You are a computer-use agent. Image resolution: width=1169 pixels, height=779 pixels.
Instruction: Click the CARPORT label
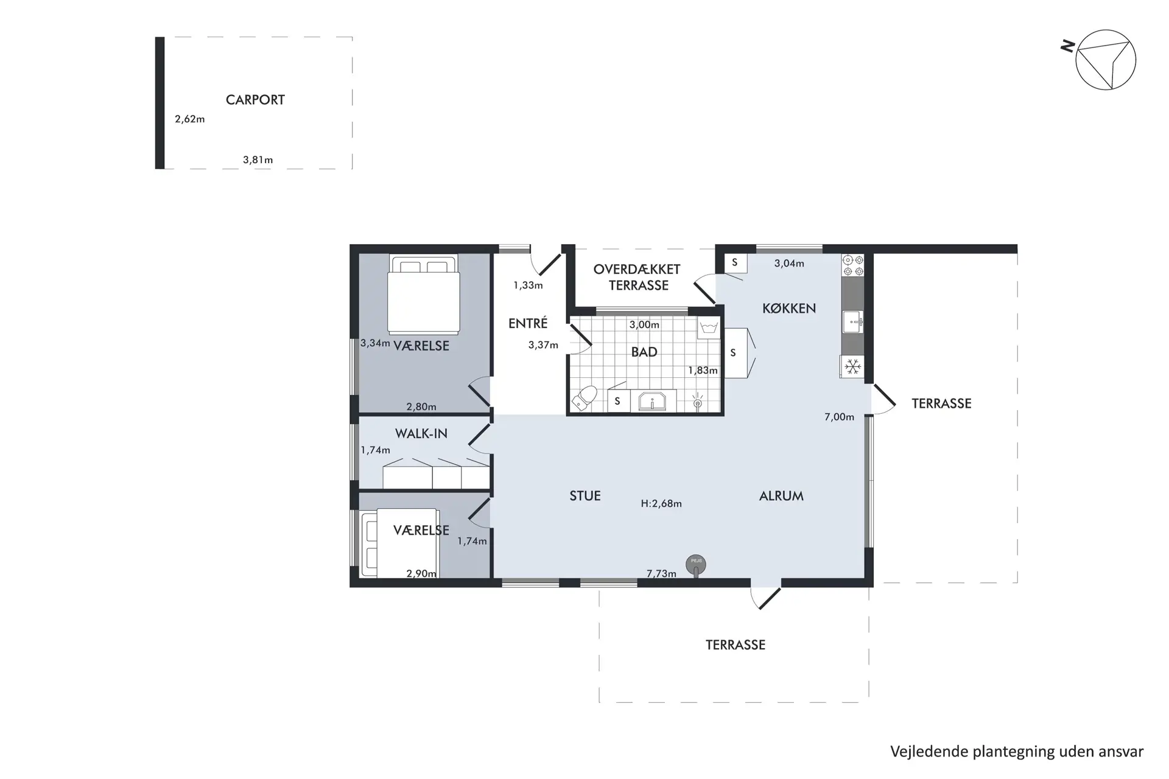point(255,100)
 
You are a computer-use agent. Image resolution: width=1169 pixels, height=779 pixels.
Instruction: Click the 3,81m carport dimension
point(258,160)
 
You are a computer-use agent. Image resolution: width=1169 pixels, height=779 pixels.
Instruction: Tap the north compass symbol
point(1104,60)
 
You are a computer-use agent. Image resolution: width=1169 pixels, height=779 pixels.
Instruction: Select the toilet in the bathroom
point(584,398)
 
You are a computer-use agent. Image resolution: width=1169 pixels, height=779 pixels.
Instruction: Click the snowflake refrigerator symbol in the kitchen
point(853,366)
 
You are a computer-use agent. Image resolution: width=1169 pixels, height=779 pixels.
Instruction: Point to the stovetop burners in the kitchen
point(852,265)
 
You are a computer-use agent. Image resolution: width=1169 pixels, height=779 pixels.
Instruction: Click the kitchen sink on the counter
point(852,321)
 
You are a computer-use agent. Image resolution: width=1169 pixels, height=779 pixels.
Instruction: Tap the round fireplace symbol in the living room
point(696,564)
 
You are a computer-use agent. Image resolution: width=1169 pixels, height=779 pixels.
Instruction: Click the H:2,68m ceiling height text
point(661,504)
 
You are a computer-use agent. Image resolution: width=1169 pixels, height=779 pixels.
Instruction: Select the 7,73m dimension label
point(661,573)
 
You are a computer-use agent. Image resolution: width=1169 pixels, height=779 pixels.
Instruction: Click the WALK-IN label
point(421,434)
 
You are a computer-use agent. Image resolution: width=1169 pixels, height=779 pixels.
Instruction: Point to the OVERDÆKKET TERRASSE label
point(637,277)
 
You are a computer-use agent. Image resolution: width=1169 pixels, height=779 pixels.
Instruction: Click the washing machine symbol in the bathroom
point(708,329)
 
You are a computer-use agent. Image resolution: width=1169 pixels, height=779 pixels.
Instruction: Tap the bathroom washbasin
point(652,401)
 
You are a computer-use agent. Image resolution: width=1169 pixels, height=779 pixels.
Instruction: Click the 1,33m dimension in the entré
point(528,285)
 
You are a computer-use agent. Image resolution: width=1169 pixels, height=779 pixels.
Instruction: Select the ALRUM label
point(781,496)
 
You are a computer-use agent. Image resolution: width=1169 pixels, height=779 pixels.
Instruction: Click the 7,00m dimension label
point(839,417)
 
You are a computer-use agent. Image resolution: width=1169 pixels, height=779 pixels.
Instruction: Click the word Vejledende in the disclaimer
point(929,752)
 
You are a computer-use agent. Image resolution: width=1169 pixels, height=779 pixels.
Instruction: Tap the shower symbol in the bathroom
point(698,400)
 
